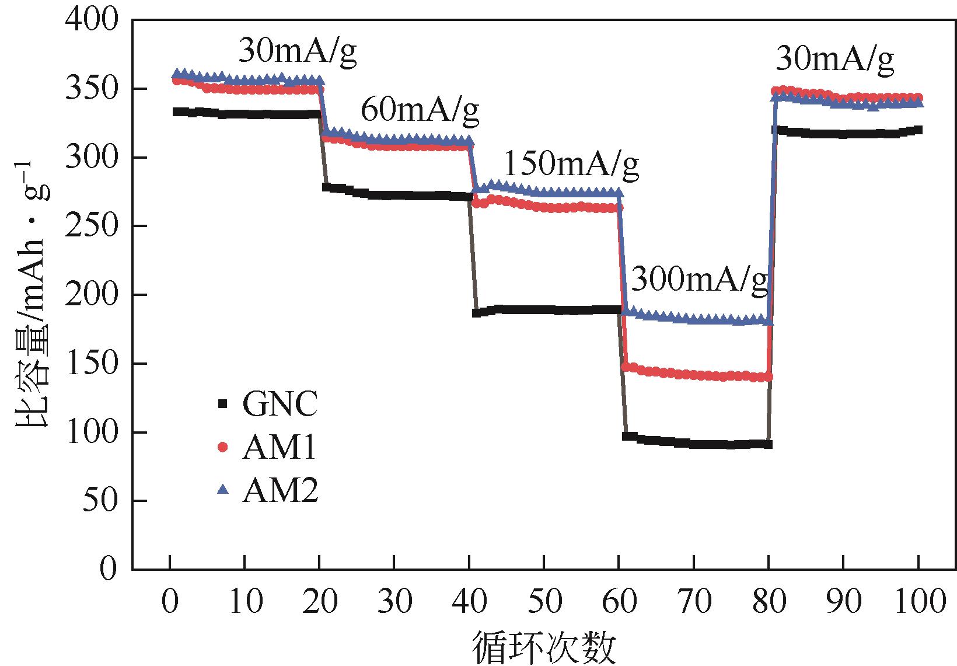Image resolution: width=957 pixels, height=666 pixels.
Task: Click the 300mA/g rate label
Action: (x=700, y=280)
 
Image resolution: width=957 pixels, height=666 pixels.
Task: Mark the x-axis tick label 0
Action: (x=170, y=602)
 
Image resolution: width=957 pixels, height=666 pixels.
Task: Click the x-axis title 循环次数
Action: (x=544, y=647)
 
